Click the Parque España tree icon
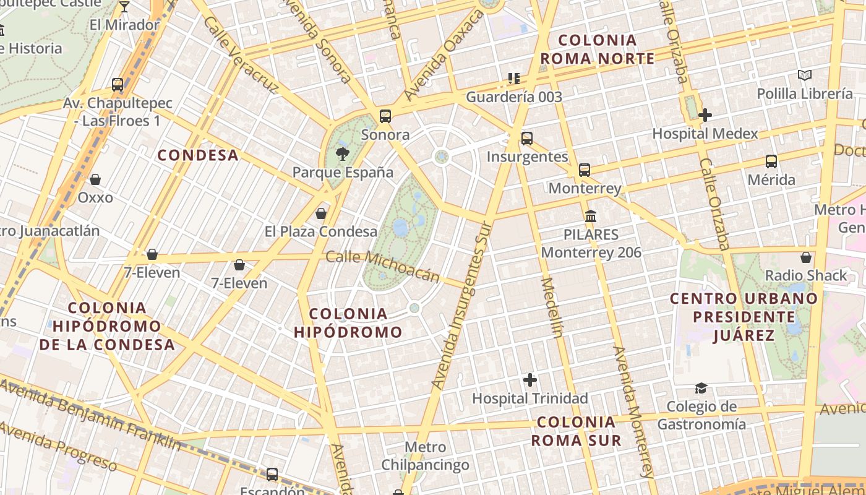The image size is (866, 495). point(342,153)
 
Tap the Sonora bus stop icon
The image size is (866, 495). point(385,116)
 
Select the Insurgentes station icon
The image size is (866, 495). point(527,139)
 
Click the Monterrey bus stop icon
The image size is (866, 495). point(585,170)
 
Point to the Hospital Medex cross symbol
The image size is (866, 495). point(705,115)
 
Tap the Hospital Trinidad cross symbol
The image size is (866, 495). point(530,380)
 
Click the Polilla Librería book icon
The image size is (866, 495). point(804,75)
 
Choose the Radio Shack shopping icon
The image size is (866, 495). point(806,257)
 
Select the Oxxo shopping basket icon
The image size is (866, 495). point(95,179)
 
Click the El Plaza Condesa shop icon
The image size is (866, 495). point(321,213)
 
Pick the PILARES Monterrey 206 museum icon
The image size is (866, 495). point(591,217)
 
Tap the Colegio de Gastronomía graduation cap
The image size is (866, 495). point(701,388)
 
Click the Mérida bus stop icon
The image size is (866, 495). point(771,161)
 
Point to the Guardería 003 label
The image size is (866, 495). point(514,97)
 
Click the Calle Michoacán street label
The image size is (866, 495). point(383,266)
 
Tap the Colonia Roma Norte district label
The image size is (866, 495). point(597,49)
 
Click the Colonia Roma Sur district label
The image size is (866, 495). point(577,431)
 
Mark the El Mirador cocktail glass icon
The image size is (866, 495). point(124,7)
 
